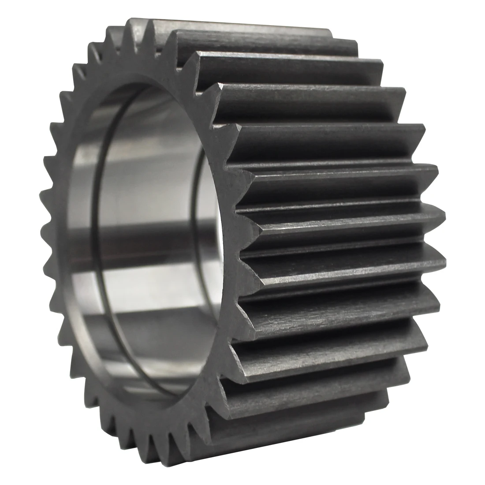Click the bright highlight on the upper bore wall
[x=145, y=145]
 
